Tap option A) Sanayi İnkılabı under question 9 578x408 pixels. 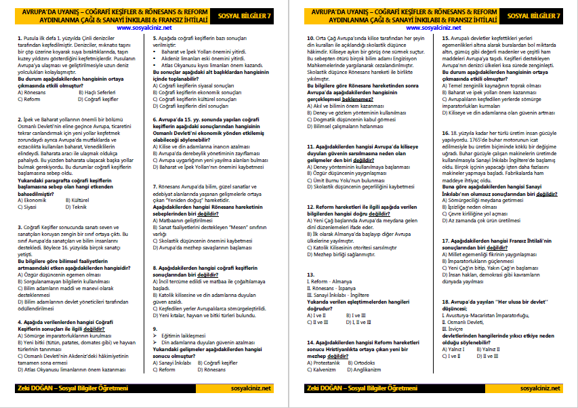pos(173,363)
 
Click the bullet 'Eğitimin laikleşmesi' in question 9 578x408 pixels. pos(182,335)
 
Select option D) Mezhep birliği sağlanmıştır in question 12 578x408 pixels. pos(345,254)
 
